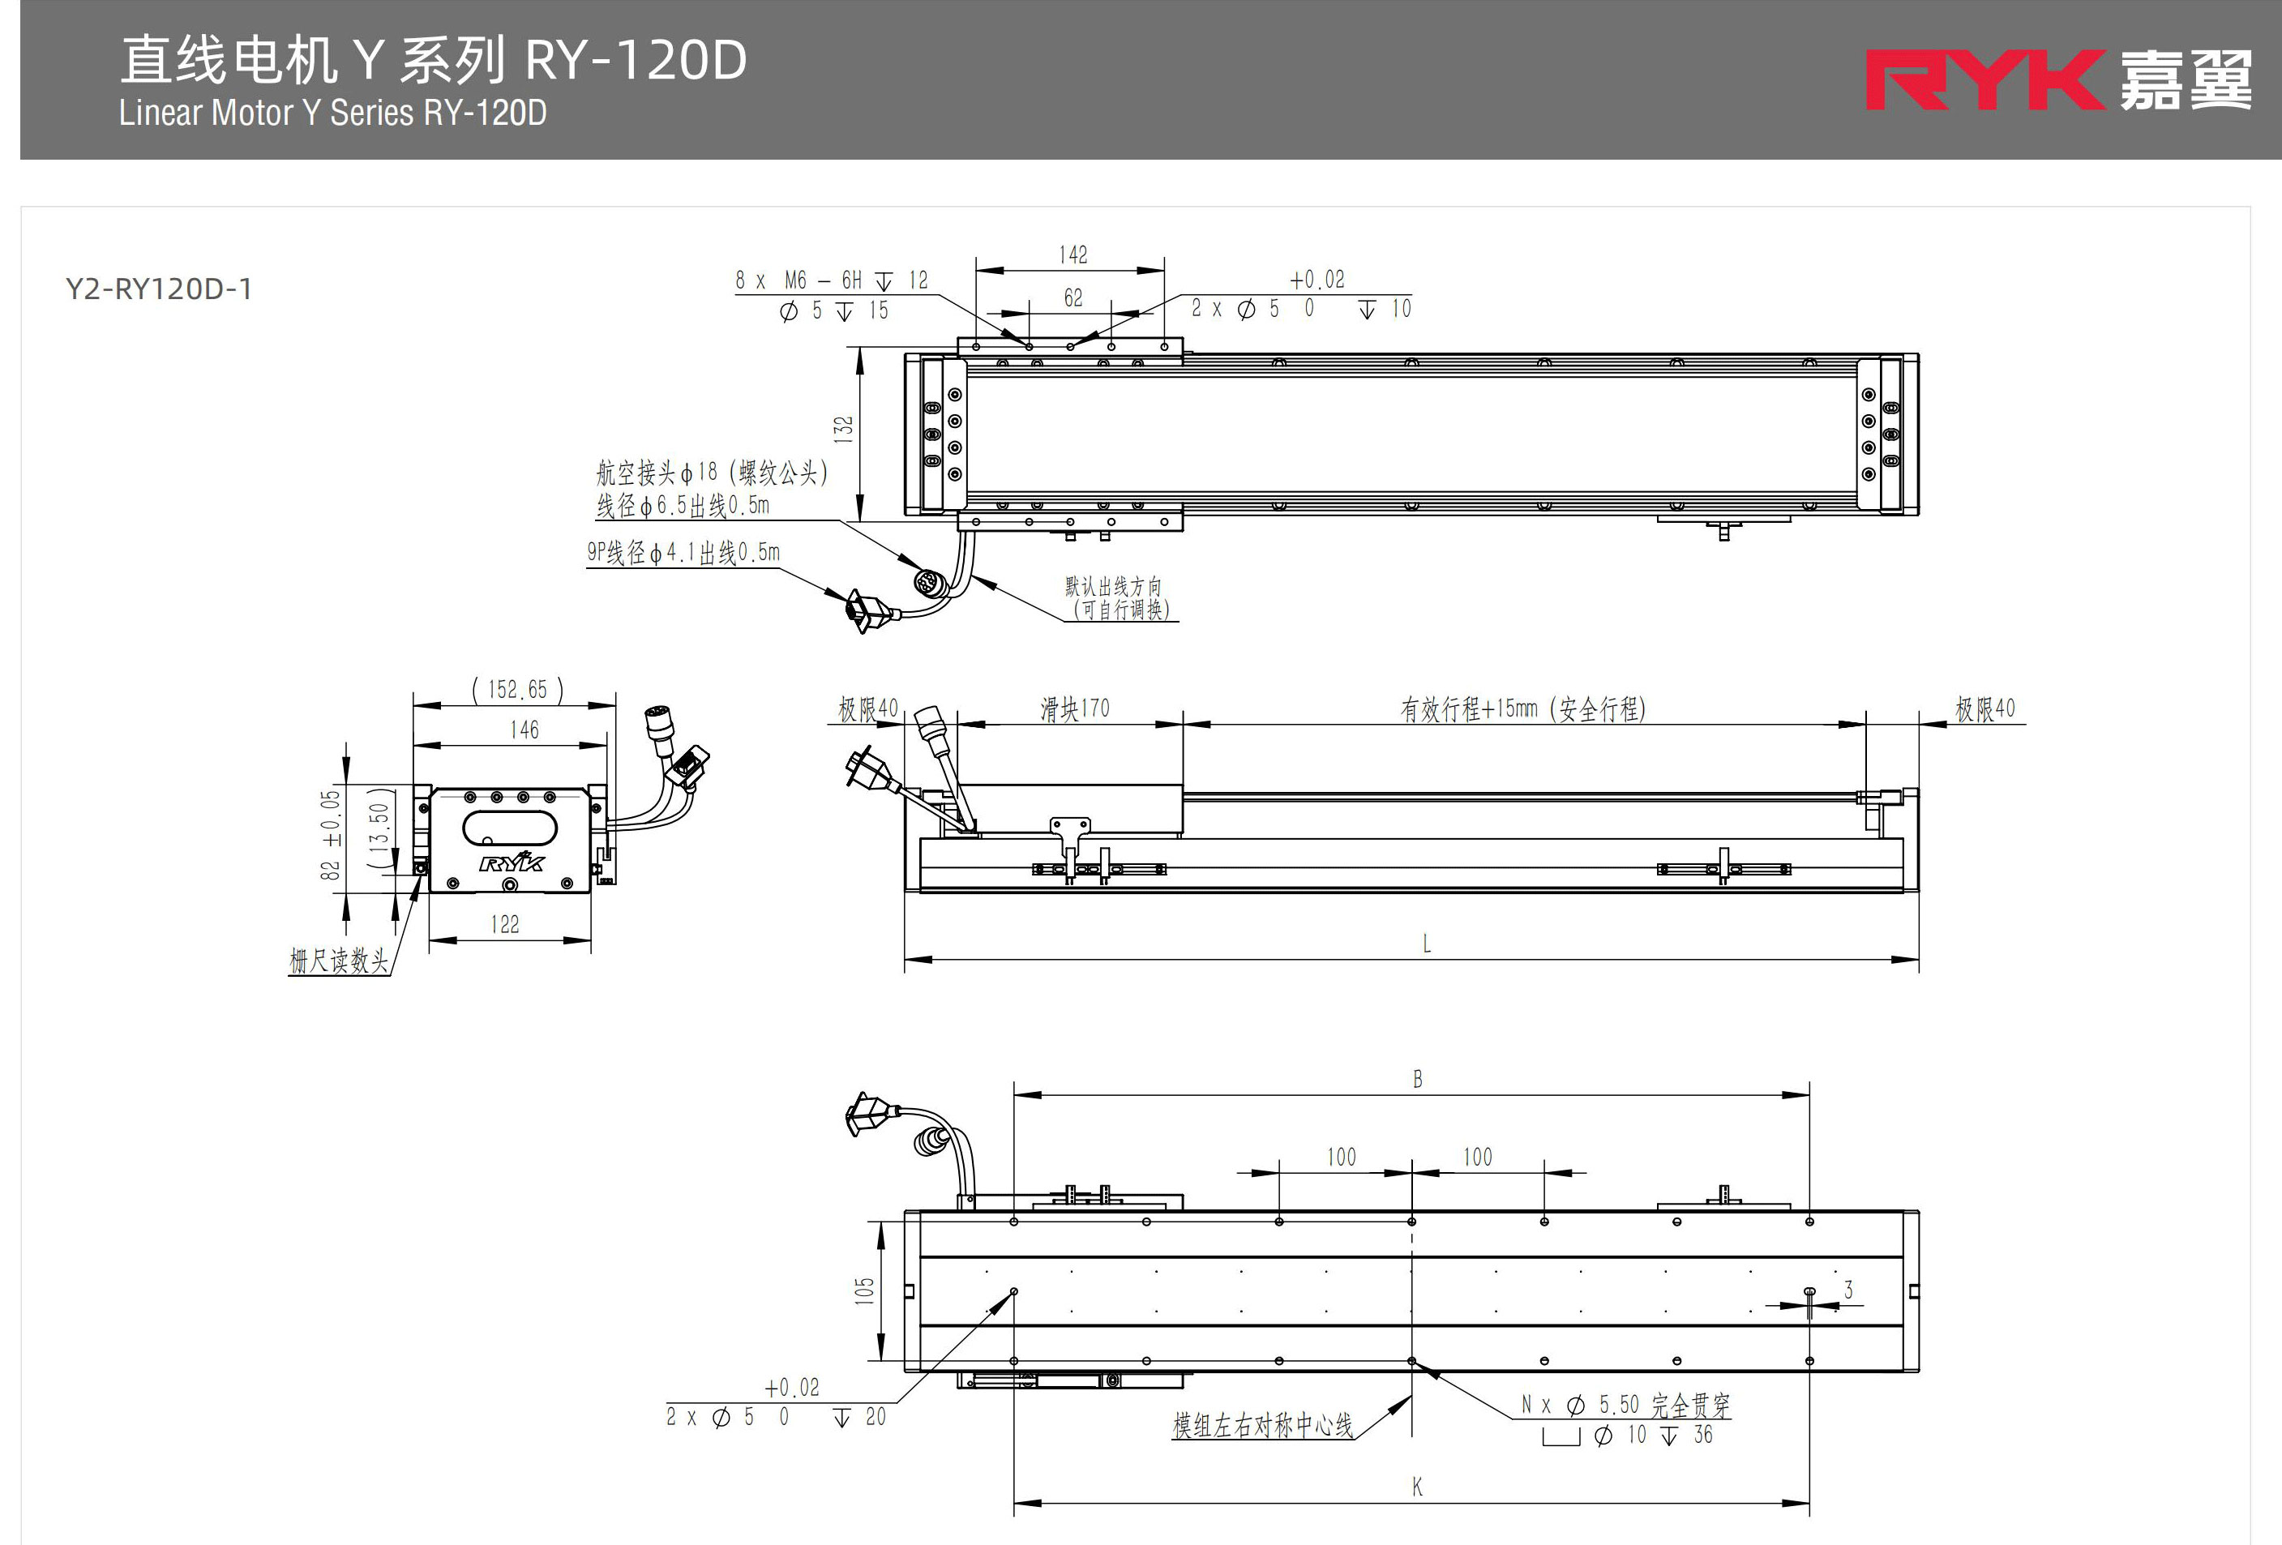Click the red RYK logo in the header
pyautogui.click(x=1984, y=79)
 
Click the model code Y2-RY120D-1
pyautogui.click(x=159, y=289)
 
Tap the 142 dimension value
pyautogui.click(x=1072, y=255)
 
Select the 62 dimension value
pyautogui.click(x=1072, y=297)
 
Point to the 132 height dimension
pyautogui.click(x=842, y=429)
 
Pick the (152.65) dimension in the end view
pyautogui.click(x=517, y=690)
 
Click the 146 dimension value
pyautogui.click(x=524, y=730)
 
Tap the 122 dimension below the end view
pyautogui.click(x=505, y=925)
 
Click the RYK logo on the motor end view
pyautogui.click(x=512, y=862)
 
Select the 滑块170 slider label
pyautogui.click(x=1074, y=708)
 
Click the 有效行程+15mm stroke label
pyautogui.click(x=1522, y=708)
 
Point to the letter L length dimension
pyautogui.click(x=1426, y=944)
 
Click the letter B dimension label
pyautogui.click(x=1417, y=1080)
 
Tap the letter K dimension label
pyautogui.click(x=1417, y=1487)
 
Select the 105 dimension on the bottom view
pyautogui.click(x=864, y=1290)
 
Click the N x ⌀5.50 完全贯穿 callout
pyautogui.click(x=1625, y=1406)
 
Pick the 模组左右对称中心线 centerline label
pyautogui.click(x=1261, y=1425)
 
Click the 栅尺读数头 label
pyautogui.click(x=339, y=960)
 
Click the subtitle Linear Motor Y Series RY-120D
pyautogui.click(x=333, y=113)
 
